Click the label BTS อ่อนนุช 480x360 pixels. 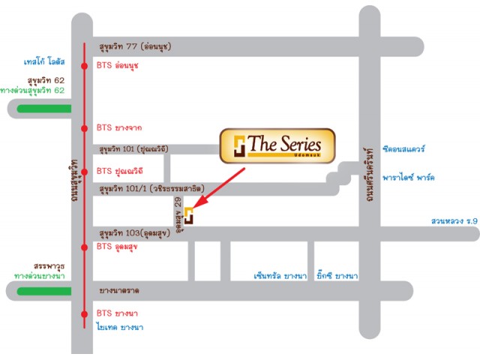click(x=118, y=65)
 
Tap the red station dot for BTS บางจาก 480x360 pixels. click(x=82, y=127)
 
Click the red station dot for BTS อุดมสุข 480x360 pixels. click(x=82, y=246)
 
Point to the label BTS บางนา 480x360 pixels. click(x=118, y=313)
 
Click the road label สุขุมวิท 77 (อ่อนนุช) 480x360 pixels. click(x=134, y=46)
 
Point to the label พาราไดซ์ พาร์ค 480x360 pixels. click(x=408, y=178)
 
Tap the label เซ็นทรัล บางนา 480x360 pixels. click(x=278, y=275)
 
